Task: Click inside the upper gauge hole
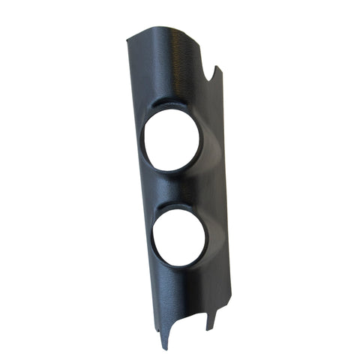172,140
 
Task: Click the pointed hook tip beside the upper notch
217,68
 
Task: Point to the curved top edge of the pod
161,30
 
